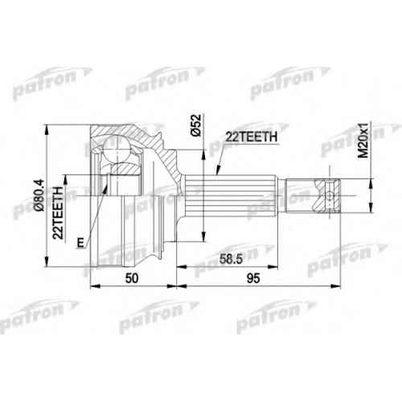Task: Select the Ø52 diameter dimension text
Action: tap(196, 125)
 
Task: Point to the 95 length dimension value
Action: tap(253, 279)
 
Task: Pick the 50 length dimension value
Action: tap(132, 279)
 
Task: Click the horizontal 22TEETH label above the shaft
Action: tap(252, 137)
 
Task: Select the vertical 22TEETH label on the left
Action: tap(58, 212)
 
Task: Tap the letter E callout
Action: tap(80, 243)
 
